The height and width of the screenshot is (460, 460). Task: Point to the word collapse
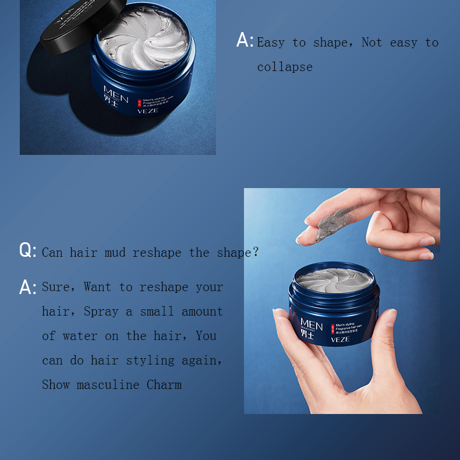(x=285, y=67)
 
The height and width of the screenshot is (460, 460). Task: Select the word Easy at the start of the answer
(x=271, y=43)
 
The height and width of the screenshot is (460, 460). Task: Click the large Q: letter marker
(x=27, y=251)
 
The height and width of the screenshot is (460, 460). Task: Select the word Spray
(x=102, y=312)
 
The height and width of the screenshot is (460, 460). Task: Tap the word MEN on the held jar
(x=312, y=324)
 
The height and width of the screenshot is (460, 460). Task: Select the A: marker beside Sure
(x=27, y=287)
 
